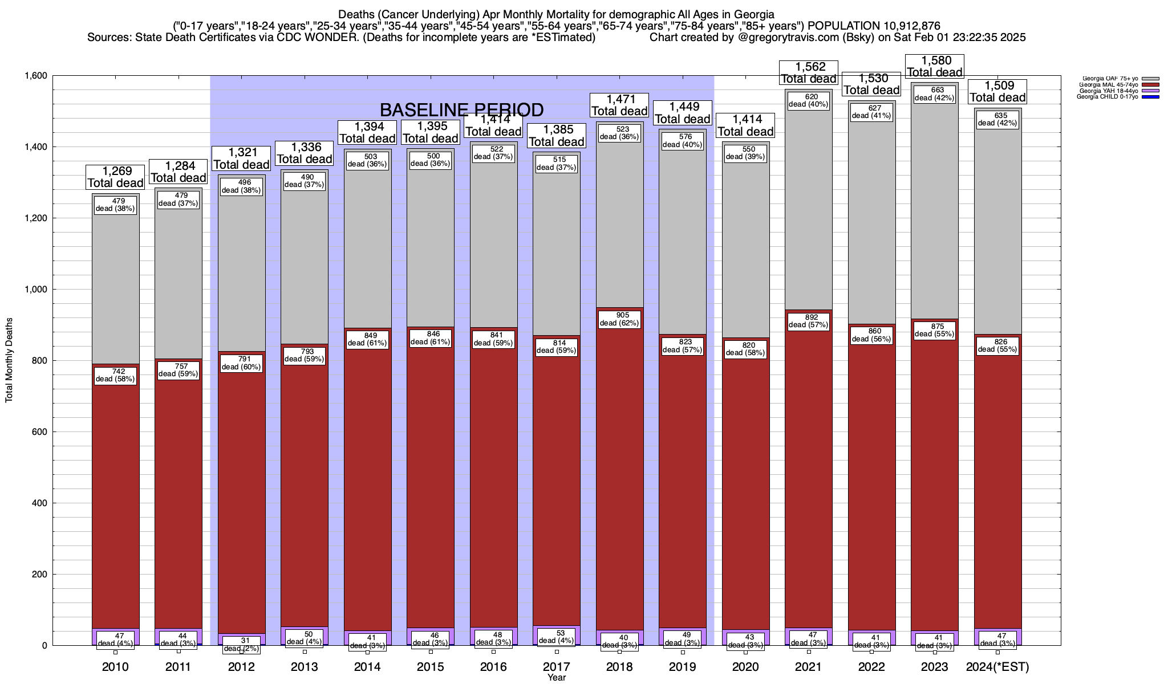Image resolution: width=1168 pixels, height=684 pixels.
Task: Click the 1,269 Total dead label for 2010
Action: [x=115, y=177]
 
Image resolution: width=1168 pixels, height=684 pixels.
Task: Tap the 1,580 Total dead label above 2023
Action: [x=935, y=66]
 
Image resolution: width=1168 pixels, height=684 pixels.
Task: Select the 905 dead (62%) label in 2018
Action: [x=619, y=319]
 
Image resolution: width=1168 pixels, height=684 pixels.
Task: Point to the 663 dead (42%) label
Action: [x=934, y=93]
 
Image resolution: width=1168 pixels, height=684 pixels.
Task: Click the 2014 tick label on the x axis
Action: [x=367, y=667]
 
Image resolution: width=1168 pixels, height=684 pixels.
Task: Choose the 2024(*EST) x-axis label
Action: [x=997, y=667]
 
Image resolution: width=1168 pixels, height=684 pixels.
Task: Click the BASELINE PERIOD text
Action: [x=461, y=109]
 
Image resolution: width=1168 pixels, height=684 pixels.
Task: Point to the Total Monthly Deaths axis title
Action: [x=9, y=360]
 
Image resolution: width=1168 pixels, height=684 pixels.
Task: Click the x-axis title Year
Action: [x=556, y=678]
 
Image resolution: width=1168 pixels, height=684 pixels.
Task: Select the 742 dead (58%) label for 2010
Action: [x=115, y=375]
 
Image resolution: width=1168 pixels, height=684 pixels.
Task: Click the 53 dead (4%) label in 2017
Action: [x=557, y=637]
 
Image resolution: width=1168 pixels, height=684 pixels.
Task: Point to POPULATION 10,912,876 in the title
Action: [x=874, y=26]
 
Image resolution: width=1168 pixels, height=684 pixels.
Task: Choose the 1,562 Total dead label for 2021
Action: [x=809, y=73]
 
